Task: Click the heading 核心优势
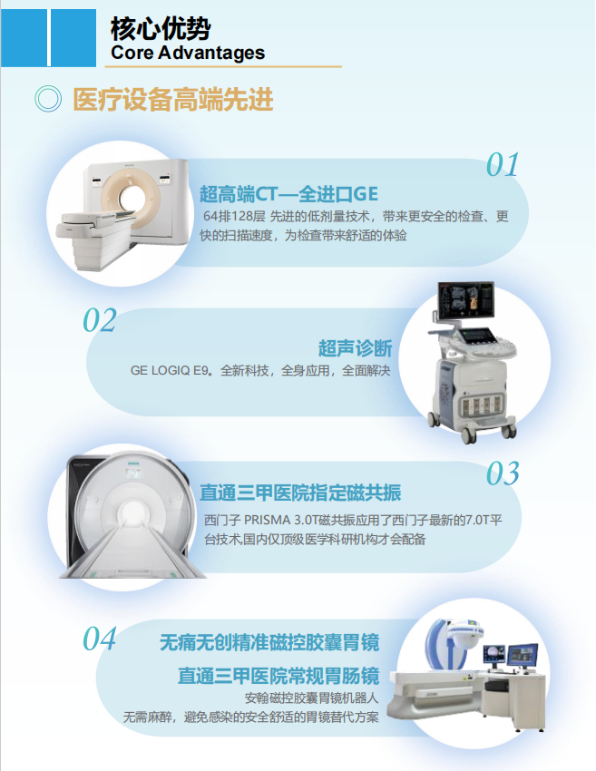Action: coord(161,28)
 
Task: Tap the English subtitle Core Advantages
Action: coord(188,52)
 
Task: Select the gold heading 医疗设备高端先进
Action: coord(172,100)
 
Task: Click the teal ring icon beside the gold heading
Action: coord(48,99)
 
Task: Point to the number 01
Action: coord(503,165)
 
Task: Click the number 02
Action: coord(100,320)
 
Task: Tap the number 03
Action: coord(503,473)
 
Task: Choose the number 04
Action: coord(100,639)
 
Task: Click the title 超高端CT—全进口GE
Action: coord(288,194)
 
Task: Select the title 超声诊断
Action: coord(355,348)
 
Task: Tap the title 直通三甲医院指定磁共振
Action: coord(300,493)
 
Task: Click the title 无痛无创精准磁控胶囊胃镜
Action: coord(269,643)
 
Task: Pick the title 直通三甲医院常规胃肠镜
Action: coord(278,676)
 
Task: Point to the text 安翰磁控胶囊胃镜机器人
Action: coord(312,698)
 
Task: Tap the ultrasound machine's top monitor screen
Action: coord(465,299)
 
